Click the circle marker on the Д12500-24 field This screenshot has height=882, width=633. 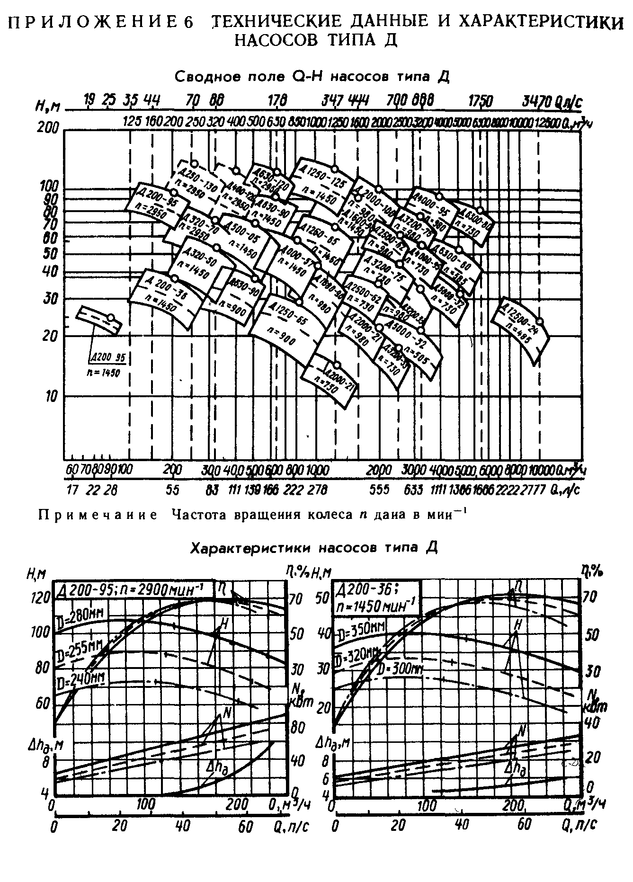click(x=539, y=321)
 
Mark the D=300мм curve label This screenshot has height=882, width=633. click(x=400, y=668)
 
